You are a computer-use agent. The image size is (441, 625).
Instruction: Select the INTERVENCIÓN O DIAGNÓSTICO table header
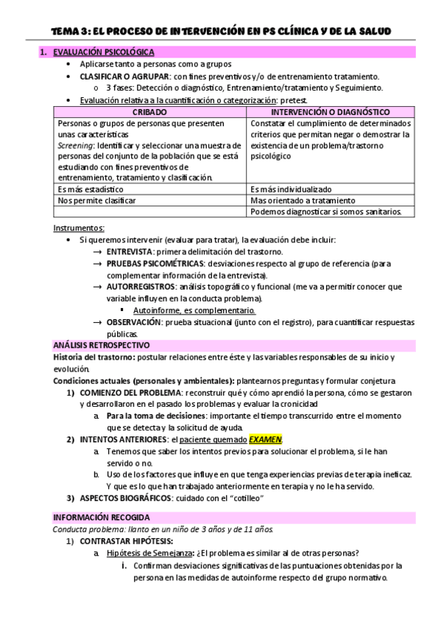(x=330, y=111)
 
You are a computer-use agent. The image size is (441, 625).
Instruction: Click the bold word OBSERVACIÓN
(x=135, y=322)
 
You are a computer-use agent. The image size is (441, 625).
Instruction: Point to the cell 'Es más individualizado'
(x=292, y=189)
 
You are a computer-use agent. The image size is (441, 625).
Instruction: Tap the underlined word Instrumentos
(x=80, y=228)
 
